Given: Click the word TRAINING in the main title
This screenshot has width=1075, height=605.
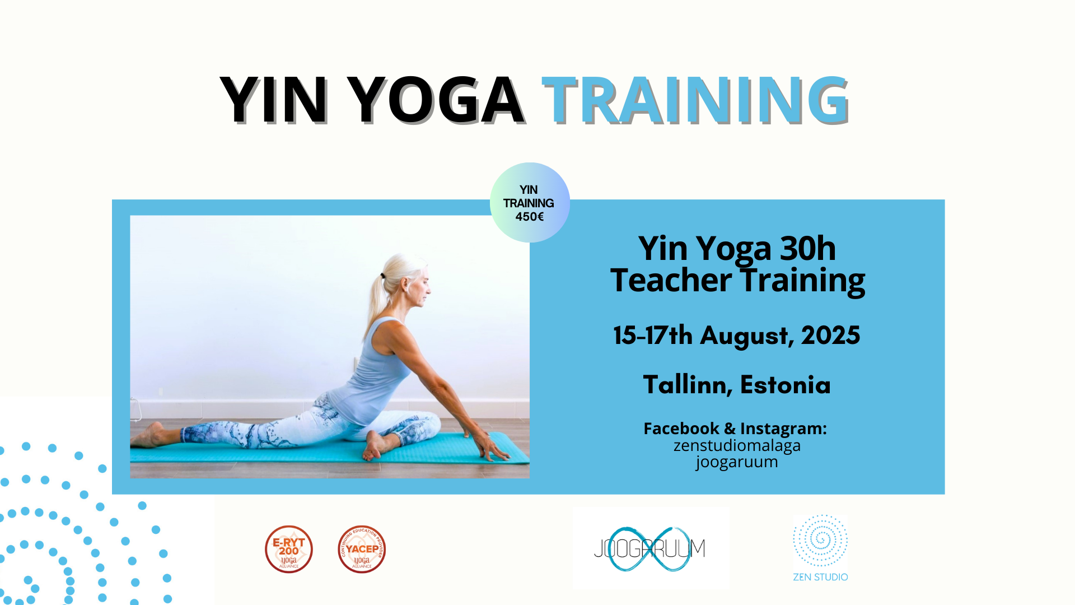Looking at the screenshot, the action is (x=696, y=99).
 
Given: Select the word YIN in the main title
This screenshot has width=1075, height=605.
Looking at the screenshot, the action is (x=274, y=99).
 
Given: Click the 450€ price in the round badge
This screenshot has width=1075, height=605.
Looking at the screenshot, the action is (x=530, y=217).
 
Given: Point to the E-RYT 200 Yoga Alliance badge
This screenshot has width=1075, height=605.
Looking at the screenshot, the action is (x=289, y=549).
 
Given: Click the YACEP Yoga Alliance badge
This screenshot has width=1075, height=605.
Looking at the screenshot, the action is (x=362, y=549).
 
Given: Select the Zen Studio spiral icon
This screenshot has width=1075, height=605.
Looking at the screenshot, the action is (x=820, y=541).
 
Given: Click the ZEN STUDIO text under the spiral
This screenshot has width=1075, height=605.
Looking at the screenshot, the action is (x=820, y=577).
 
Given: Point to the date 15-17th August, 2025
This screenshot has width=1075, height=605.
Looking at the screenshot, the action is (x=737, y=336).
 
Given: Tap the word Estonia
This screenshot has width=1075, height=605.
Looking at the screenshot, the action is (x=786, y=385).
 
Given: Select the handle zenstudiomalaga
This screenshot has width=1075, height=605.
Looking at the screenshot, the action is (x=737, y=446).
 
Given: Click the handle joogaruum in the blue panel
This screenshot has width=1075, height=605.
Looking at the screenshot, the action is (x=737, y=462).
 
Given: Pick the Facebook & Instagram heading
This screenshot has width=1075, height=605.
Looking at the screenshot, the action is (x=735, y=429).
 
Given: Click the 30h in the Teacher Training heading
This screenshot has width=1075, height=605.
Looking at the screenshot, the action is (x=808, y=248).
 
